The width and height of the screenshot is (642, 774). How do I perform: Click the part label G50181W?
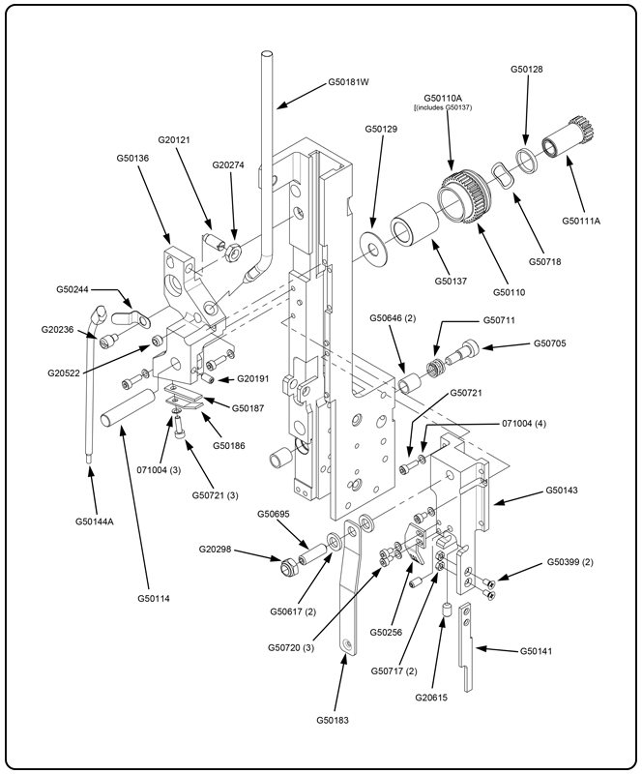[350, 82]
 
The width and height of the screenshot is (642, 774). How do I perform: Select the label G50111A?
[581, 221]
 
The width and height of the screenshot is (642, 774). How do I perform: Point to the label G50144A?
[95, 521]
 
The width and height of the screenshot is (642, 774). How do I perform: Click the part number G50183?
[335, 719]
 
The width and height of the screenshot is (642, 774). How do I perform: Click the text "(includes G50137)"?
[444, 107]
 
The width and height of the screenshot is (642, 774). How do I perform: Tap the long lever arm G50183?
[351, 600]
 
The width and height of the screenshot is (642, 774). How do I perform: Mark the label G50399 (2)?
[569, 562]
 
